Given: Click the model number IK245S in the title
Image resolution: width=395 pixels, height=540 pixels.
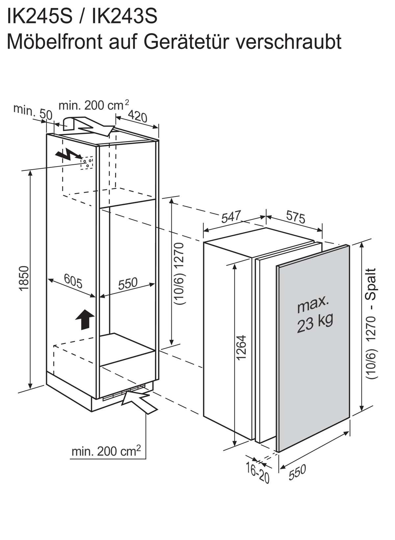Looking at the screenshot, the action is coord(39,15).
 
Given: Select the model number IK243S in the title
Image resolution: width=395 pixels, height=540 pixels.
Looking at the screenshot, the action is coord(124,15).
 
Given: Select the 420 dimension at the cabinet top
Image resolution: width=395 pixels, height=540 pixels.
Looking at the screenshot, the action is coord(138,116).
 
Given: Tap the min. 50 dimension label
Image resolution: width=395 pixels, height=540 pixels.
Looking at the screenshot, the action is coord(33,112).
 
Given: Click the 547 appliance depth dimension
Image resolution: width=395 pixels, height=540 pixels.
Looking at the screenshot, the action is coord(231,216).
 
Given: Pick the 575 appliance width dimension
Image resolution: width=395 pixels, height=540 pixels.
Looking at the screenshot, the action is coord(296,217).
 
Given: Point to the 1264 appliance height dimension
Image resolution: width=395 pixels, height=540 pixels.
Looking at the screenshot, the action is coord(241,347).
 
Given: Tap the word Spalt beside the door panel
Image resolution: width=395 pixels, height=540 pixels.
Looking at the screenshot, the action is coord(370,284).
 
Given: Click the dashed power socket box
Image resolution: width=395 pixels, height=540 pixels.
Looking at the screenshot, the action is coord(87,163).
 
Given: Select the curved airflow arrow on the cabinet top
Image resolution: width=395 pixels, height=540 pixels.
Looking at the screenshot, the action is coord(89,126).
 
